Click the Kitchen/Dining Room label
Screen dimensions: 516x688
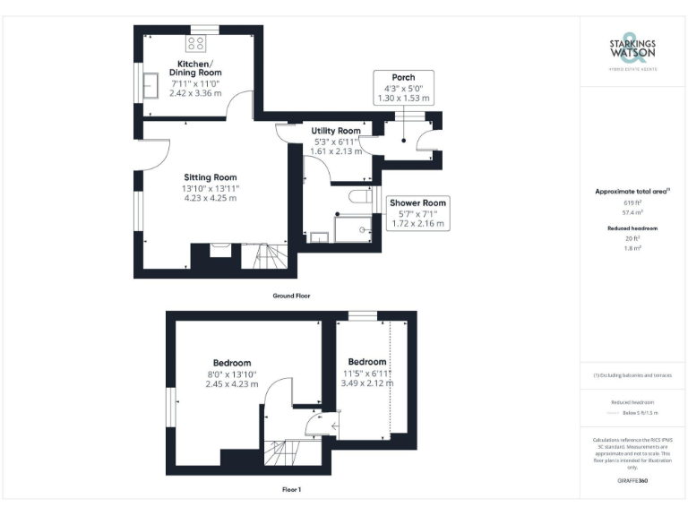coord(199,67)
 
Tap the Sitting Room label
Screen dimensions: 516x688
coord(211,177)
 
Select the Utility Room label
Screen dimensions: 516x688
coord(335,131)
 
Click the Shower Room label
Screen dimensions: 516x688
coord(418,202)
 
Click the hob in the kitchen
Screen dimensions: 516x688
coord(197,43)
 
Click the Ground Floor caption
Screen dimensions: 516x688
coord(292,295)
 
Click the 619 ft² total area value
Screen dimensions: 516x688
coord(632,203)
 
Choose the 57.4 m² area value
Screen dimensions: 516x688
coord(632,213)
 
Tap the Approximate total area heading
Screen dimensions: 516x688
coord(632,191)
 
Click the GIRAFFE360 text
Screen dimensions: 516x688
coord(632,481)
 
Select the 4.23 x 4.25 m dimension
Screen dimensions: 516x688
coord(211,198)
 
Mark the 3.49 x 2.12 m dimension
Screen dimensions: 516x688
coord(367,383)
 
